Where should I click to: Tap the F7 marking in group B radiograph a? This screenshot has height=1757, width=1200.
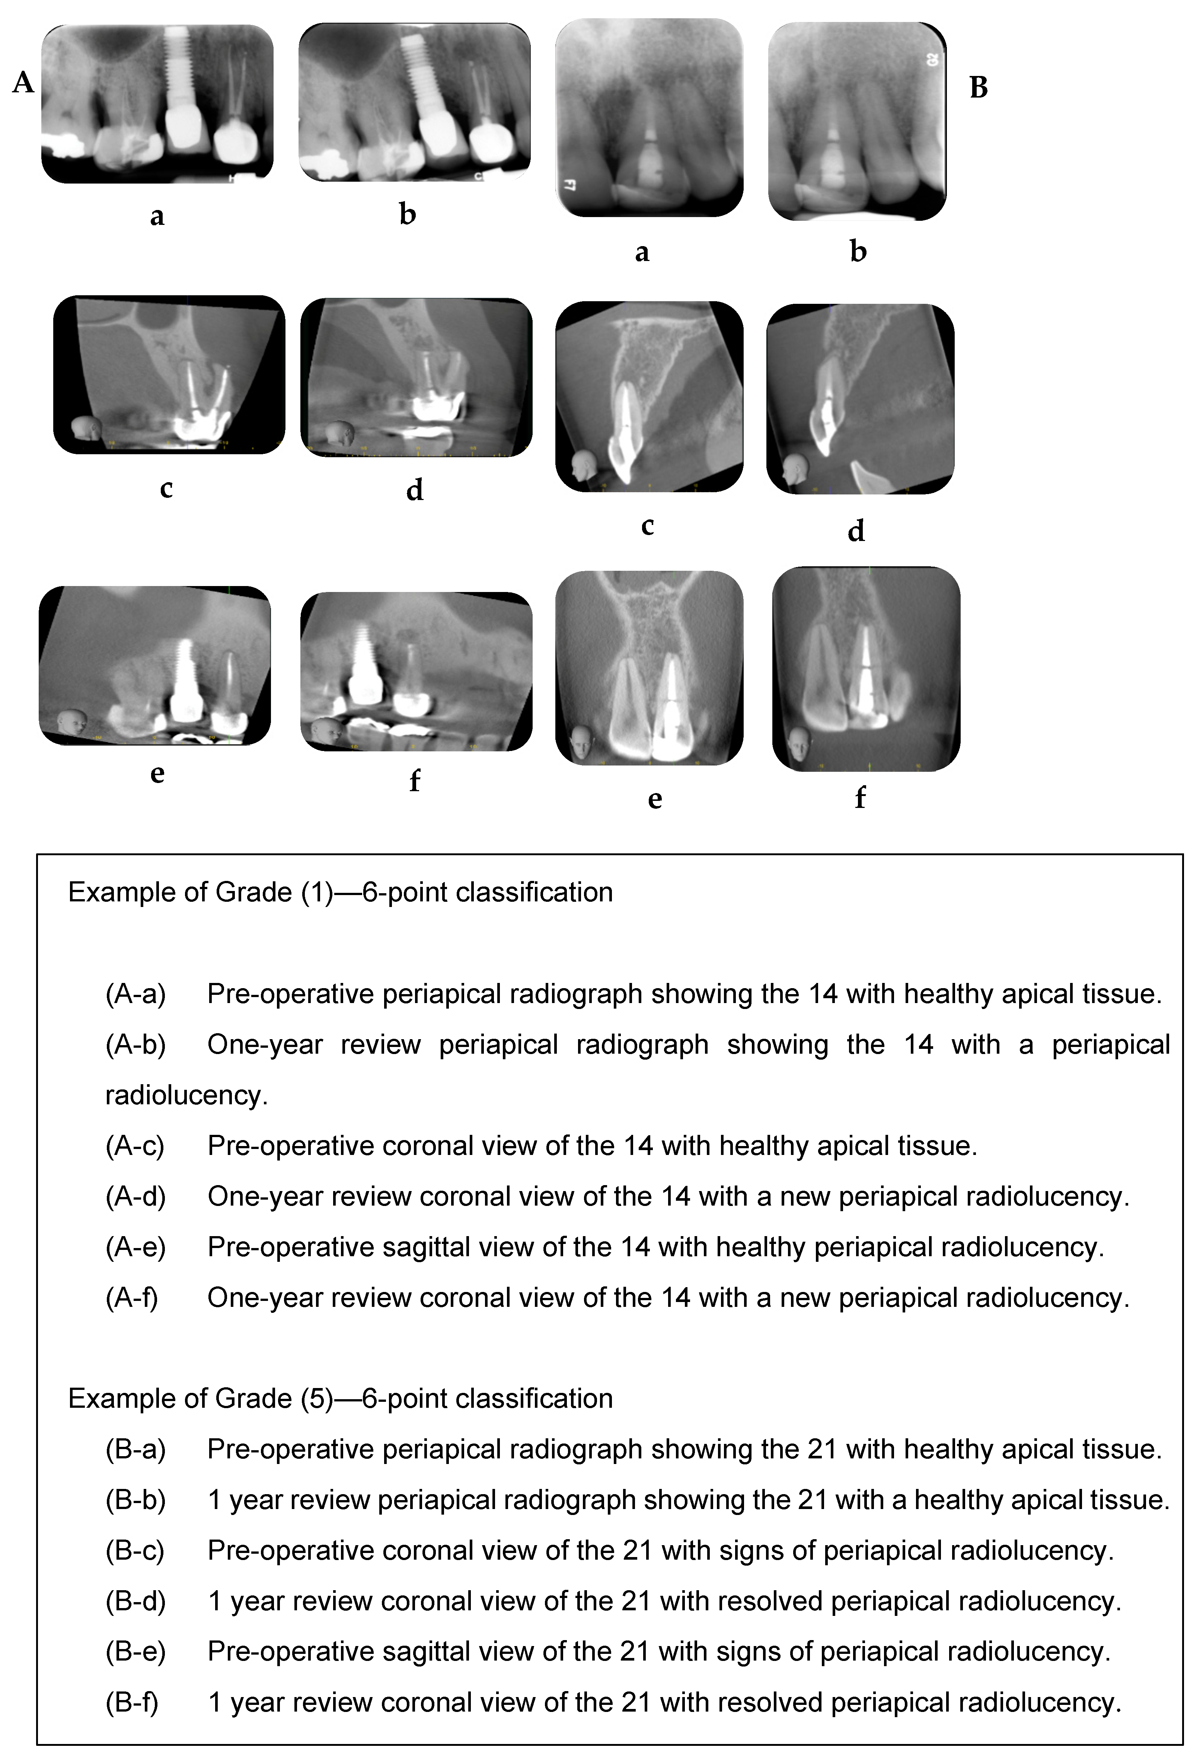click(x=570, y=184)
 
